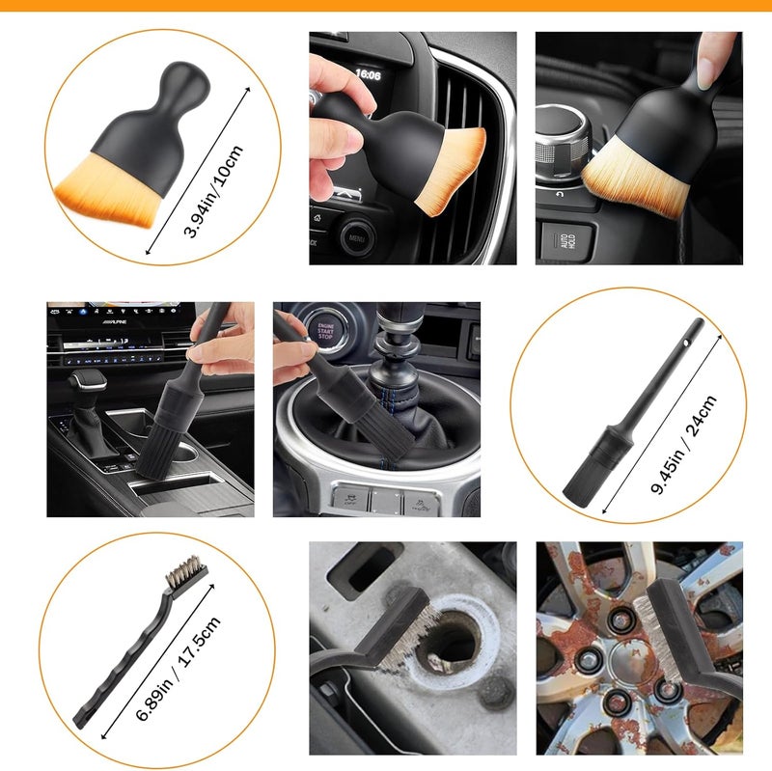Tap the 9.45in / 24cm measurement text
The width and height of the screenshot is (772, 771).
(x=683, y=445)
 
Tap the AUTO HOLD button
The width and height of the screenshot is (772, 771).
(x=557, y=241)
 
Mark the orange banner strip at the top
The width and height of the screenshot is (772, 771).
(x=386, y=5)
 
